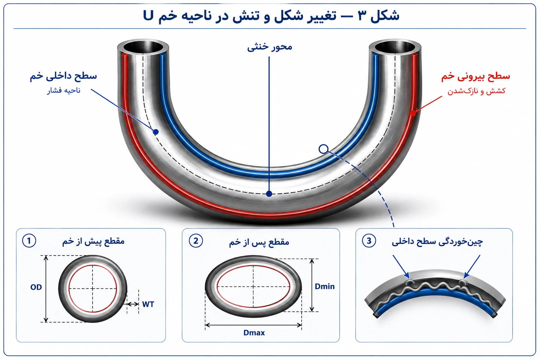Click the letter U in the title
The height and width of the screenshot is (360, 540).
click(x=148, y=15)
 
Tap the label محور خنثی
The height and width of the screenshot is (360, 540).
click(x=270, y=46)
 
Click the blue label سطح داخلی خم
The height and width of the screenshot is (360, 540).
click(x=63, y=76)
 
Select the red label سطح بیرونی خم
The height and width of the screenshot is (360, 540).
click(x=476, y=76)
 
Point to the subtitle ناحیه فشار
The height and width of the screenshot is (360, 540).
click(x=64, y=90)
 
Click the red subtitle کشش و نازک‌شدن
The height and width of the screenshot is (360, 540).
click(x=477, y=91)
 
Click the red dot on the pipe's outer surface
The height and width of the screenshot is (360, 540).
click(x=413, y=113)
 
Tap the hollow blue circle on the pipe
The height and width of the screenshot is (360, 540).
click(x=323, y=149)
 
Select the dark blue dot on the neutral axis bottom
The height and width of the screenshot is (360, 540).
click(x=269, y=194)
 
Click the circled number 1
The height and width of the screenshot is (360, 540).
click(x=29, y=241)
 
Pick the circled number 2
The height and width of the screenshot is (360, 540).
click(x=196, y=241)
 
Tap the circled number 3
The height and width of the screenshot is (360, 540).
click(x=369, y=241)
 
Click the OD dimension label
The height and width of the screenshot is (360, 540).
click(x=36, y=287)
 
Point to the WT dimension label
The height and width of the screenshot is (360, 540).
click(x=148, y=304)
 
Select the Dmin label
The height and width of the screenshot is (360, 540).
click(x=325, y=287)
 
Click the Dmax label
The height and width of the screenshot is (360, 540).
click(x=254, y=333)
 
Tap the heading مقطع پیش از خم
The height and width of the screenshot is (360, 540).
click(x=93, y=241)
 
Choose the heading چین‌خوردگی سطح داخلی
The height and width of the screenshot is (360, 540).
click(x=437, y=242)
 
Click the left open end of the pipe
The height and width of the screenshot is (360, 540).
click(x=143, y=47)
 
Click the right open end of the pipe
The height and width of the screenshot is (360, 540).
click(x=395, y=47)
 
